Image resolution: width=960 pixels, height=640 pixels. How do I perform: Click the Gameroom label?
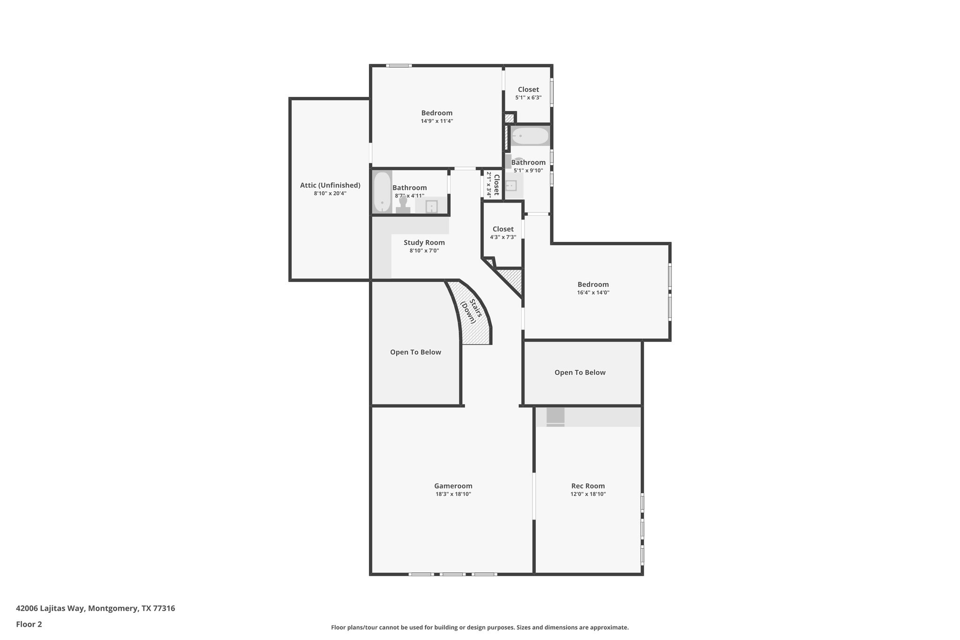pos(453,486)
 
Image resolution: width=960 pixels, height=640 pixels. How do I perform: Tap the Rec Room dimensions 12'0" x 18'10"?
pos(588,494)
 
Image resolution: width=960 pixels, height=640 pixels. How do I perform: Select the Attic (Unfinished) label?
pos(330,185)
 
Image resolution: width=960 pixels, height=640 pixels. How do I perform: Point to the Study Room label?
pos(424,242)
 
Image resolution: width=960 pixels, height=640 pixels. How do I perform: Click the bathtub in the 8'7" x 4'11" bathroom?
pos(382,192)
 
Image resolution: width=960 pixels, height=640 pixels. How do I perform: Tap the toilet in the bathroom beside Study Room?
pos(403,206)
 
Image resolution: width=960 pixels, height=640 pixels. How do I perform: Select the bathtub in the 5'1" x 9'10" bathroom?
pos(530,136)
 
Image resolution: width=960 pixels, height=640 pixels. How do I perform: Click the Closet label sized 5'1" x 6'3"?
pos(528,90)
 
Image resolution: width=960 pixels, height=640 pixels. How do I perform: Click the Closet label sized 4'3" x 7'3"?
pos(503,229)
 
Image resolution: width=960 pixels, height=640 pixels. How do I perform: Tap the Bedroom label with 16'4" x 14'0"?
pos(593,285)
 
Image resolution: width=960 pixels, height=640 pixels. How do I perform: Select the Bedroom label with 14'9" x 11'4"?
pos(436,113)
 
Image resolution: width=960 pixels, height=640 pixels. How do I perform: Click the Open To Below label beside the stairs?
pos(415,352)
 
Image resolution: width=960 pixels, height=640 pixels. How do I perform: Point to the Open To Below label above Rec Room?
pos(580,373)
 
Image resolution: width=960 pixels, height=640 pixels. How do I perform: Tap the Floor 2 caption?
pos(29,624)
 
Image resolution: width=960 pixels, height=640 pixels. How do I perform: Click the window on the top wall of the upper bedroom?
pos(399,66)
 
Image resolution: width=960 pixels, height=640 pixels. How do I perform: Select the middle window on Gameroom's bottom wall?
pos(452,574)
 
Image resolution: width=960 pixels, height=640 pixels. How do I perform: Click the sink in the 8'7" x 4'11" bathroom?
pos(431,206)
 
